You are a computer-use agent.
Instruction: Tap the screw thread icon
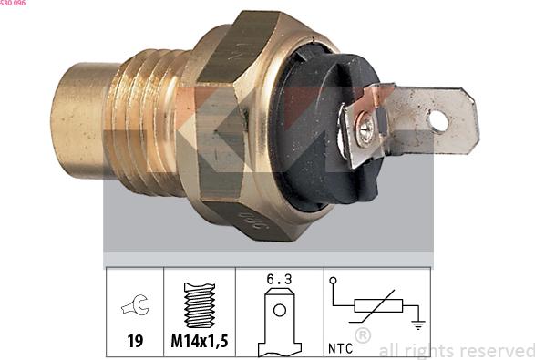click(x=199, y=307)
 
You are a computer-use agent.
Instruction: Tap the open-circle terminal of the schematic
click(x=334, y=281)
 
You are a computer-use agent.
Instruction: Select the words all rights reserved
click(x=456, y=350)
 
